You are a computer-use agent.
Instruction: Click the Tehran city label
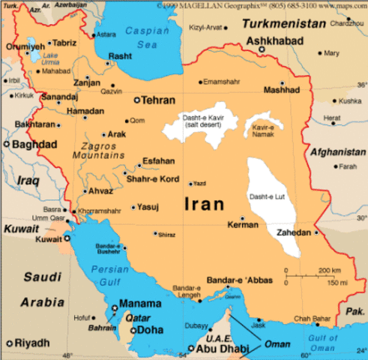158,100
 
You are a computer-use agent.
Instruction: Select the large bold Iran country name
203,202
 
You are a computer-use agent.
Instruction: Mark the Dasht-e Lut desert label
266,196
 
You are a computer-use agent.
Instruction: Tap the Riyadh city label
31,343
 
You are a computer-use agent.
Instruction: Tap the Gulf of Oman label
324,343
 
